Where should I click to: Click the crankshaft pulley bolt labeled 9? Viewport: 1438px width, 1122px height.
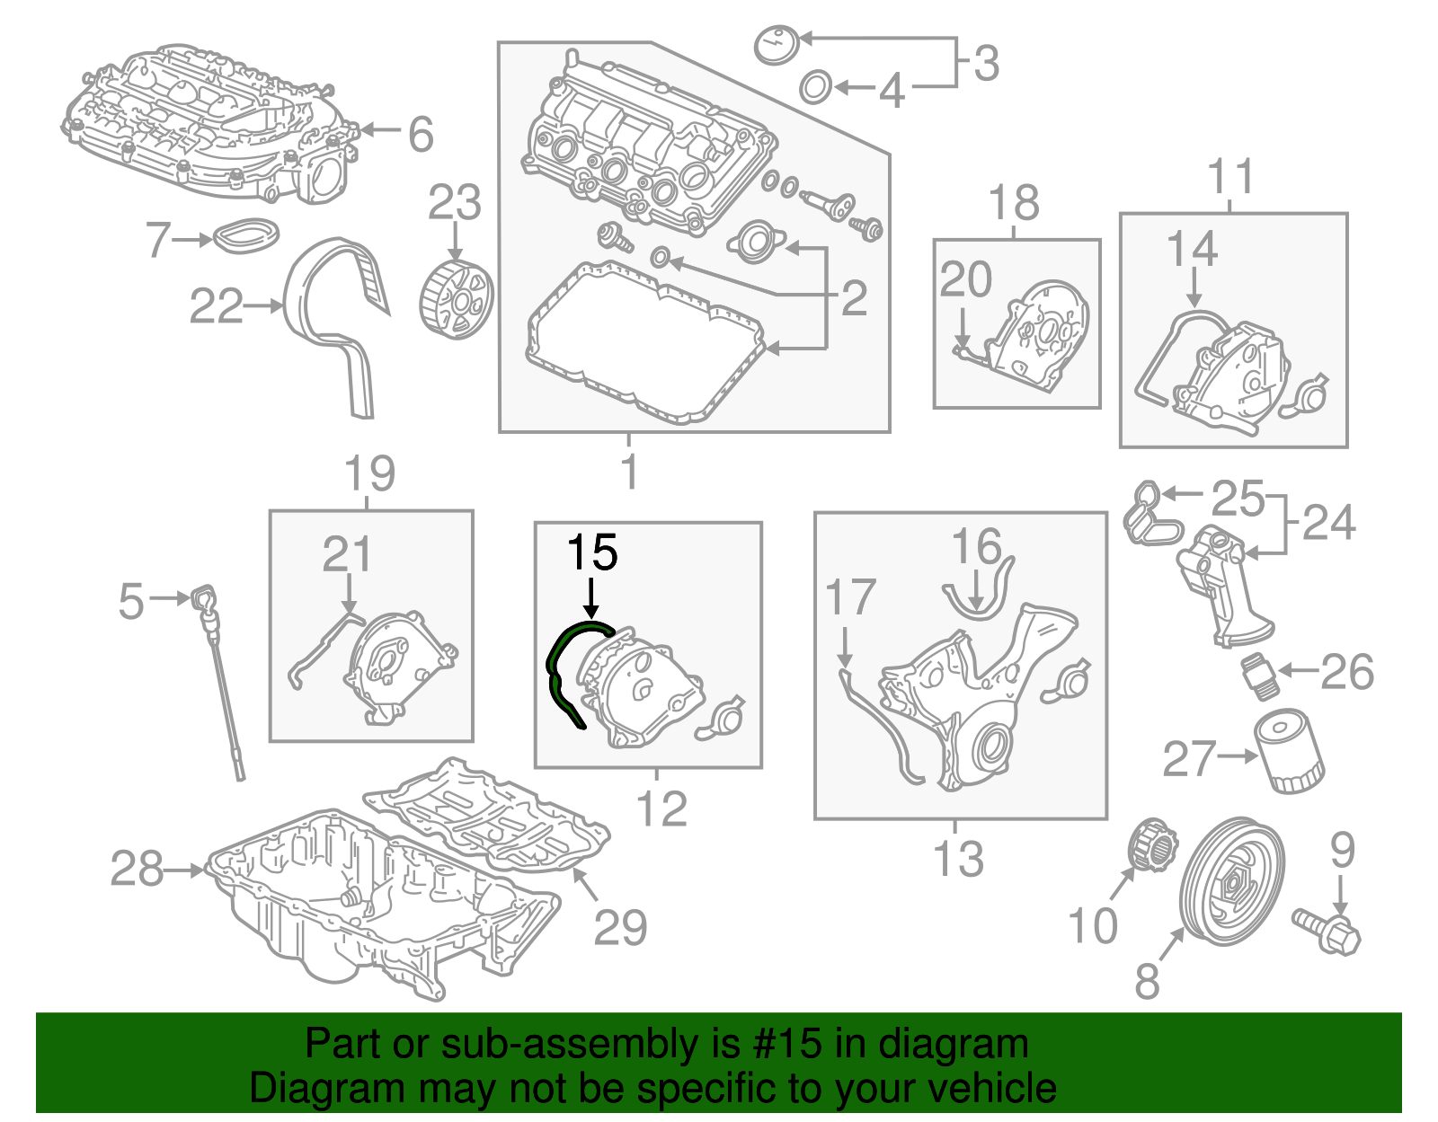point(1328,930)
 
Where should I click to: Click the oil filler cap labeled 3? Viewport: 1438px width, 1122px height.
point(777,44)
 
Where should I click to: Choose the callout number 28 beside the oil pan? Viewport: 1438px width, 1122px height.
point(137,869)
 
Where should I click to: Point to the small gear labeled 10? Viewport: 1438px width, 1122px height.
point(1150,845)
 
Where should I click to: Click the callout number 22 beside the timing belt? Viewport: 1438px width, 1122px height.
point(216,306)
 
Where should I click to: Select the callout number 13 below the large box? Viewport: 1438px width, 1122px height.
point(958,858)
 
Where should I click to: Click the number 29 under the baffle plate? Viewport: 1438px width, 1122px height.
point(620,926)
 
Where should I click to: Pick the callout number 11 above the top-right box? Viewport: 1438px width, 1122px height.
point(1230,176)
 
